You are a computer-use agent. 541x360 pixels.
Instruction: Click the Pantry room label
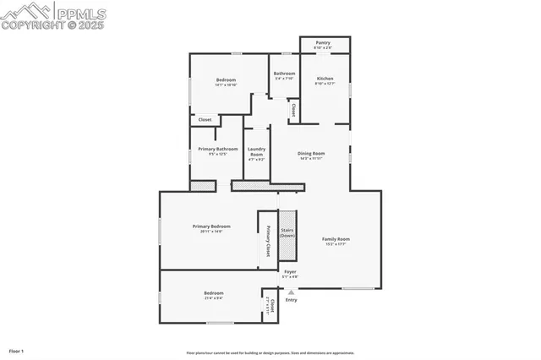tap(323, 42)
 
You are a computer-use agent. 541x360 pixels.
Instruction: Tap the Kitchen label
tap(325, 79)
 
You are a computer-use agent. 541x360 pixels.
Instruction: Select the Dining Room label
tap(311, 153)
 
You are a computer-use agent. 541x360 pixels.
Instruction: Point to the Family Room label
tap(336, 239)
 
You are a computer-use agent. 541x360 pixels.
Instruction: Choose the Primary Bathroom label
tap(212, 150)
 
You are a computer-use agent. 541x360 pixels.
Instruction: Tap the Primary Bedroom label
tap(211, 226)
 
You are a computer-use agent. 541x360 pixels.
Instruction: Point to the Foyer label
tap(290, 271)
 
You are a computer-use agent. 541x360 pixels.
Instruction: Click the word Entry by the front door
tap(292, 300)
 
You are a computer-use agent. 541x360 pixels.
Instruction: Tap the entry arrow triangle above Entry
tap(292, 292)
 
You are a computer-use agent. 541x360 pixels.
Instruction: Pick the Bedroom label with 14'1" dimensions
tap(226, 80)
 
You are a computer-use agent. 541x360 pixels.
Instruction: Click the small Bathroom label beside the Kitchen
tap(284, 74)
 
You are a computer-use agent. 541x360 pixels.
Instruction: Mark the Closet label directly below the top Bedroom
tap(205, 120)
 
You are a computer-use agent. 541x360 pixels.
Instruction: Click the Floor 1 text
tap(17, 350)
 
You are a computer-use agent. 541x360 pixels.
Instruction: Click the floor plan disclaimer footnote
tap(270, 353)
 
